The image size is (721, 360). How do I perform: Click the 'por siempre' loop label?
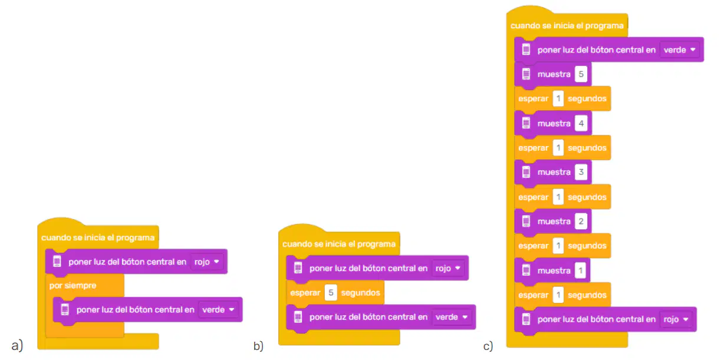[73, 286]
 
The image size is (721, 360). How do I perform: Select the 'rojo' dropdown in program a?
[207, 262]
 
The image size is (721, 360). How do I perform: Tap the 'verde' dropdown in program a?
[218, 310]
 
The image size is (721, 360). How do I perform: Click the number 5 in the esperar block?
[331, 292]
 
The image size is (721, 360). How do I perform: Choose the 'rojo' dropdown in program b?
[447, 268]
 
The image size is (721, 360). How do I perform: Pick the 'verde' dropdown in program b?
[452, 317]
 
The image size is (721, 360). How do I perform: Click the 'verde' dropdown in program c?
[680, 50]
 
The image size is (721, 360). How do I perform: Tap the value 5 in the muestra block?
[581, 74]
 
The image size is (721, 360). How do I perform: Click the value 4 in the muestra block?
[581, 123]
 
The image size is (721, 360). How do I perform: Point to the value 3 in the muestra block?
[581, 172]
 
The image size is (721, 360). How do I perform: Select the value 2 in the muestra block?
[581, 222]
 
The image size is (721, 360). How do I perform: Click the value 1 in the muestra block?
[581, 270]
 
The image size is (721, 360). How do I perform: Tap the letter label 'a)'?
[17, 346]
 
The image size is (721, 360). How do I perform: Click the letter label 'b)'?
[258, 346]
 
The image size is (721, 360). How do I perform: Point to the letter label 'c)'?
[488, 346]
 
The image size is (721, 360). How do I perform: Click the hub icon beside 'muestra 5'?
[526, 74]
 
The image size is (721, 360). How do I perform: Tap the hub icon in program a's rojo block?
[57, 262]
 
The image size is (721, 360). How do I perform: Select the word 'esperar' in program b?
[305, 293]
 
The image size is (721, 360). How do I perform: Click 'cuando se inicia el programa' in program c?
[567, 26]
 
